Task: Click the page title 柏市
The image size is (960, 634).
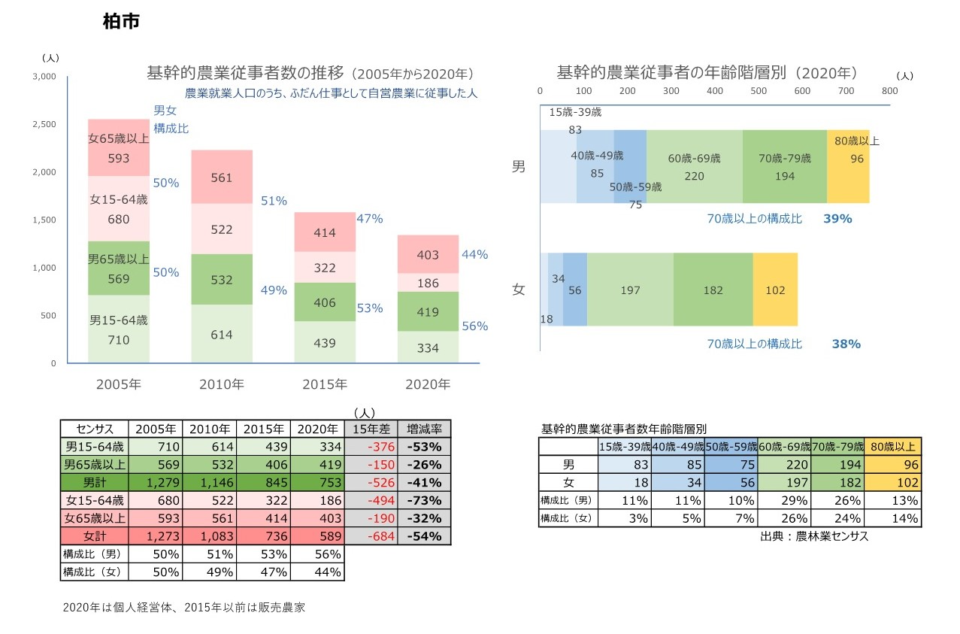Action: tap(121, 23)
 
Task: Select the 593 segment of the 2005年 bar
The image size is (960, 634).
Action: tap(119, 148)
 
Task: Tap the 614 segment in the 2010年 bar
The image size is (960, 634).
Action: tap(221, 335)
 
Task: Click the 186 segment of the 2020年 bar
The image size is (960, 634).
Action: tap(427, 283)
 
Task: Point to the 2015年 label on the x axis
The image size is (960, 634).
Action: tap(324, 384)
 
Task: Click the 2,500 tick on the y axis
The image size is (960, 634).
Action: tap(44, 124)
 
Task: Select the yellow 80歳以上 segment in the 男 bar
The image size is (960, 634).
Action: tap(847, 166)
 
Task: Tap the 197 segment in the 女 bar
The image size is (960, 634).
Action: tap(630, 290)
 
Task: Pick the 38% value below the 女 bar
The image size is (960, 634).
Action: tap(846, 344)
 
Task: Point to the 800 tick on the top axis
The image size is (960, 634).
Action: tap(889, 91)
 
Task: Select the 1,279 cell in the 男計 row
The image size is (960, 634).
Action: tap(155, 483)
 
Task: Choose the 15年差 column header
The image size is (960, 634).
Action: tap(371, 429)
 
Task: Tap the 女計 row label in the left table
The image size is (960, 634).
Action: tap(94, 536)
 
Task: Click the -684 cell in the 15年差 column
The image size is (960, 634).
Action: tap(371, 536)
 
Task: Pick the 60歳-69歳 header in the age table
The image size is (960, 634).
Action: tap(784, 447)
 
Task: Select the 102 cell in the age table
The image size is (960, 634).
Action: tap(893, 483)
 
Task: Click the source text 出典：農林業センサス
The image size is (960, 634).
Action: tap(814, 537)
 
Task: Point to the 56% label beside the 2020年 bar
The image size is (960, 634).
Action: tap(474, 326)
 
